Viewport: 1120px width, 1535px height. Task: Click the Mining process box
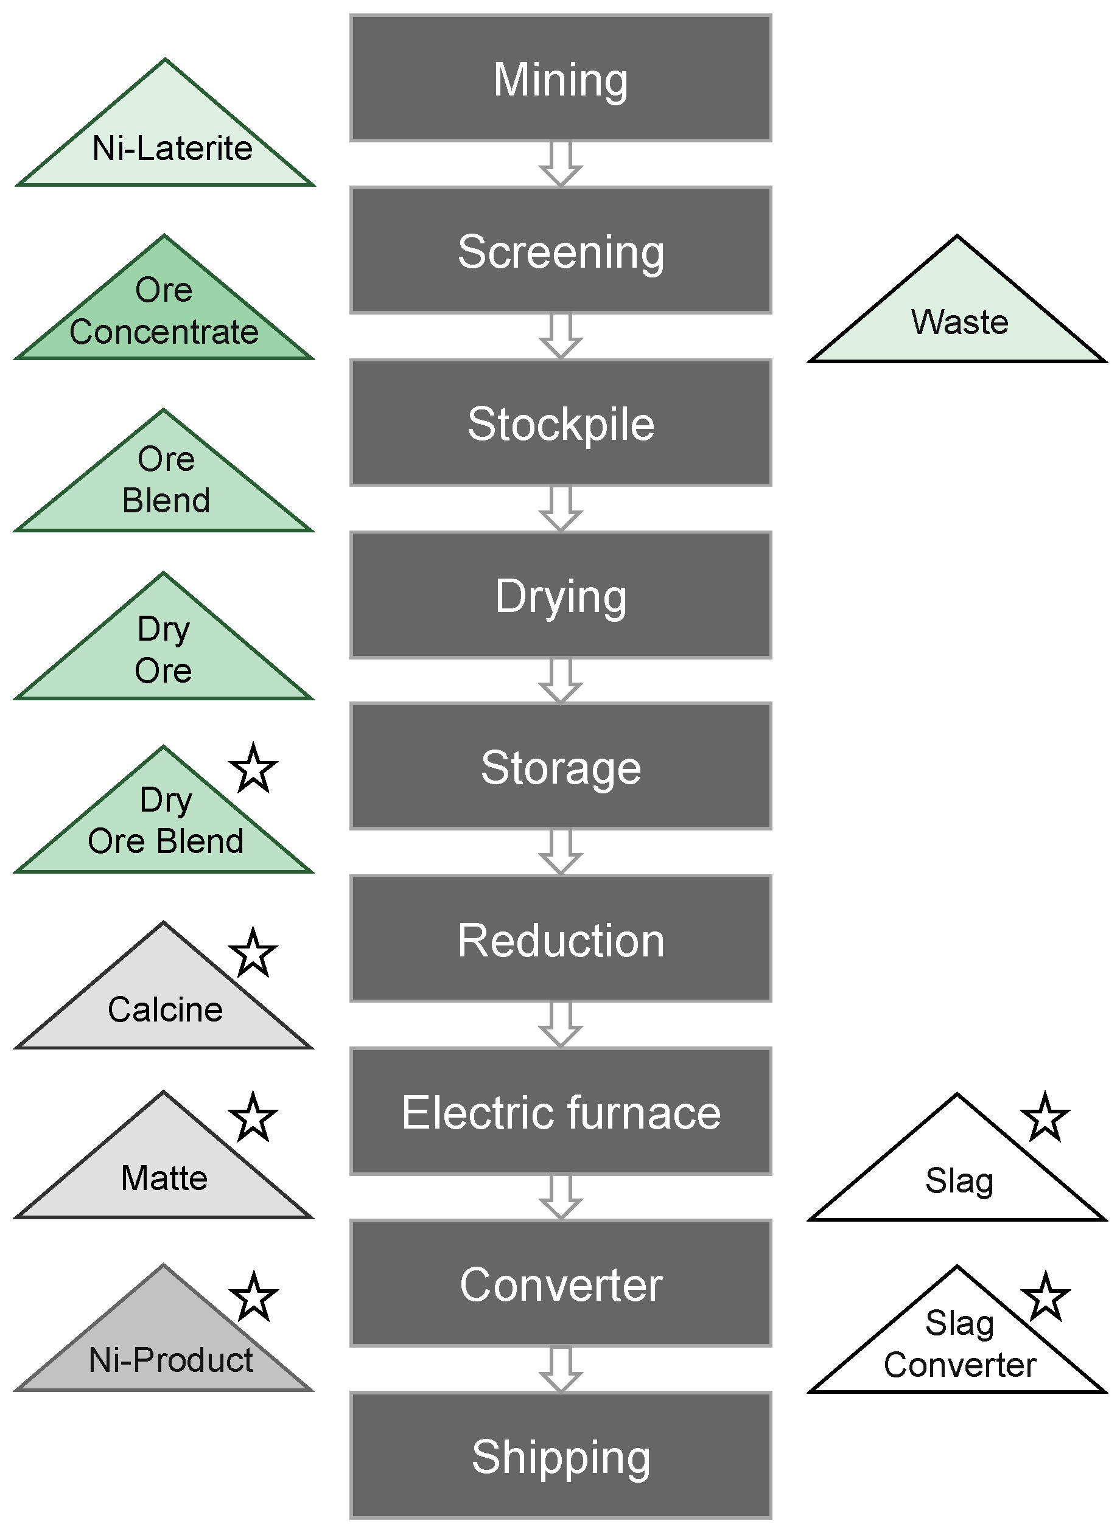point(560,78)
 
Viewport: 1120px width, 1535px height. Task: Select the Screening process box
point(560,251)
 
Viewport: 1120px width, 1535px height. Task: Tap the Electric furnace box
point(560,1112)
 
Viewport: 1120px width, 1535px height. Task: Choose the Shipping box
point(560,1457)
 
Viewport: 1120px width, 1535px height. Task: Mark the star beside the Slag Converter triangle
point(1045,1297)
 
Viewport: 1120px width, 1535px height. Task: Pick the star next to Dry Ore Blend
point(253,768)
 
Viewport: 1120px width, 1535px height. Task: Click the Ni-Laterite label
point(172,148)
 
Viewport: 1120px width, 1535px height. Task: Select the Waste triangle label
point(959,322)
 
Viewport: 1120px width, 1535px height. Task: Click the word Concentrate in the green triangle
point(164,332)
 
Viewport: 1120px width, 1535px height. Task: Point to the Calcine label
point(165,1009)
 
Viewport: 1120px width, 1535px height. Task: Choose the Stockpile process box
point(560,423)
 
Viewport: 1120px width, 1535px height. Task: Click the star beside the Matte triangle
point(253,1118)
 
